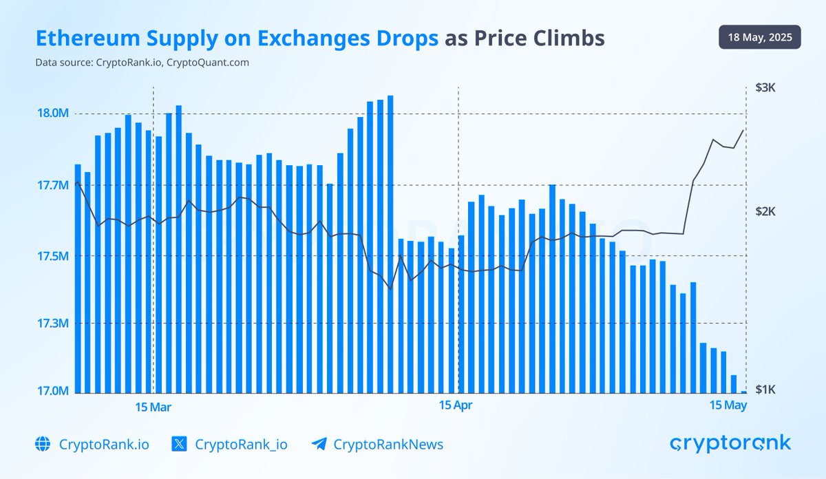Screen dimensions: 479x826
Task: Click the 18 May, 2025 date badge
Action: tap(760, 36)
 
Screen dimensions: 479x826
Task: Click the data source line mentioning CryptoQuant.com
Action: tap(142, 63)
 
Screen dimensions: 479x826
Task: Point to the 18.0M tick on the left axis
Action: tap(54, 114)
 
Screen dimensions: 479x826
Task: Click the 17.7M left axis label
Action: tap(54, 185)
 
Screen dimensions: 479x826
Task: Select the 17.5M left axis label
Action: tap(54, 257)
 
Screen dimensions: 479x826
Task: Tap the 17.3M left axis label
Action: tap(54, 323)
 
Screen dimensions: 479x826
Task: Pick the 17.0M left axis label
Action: tap(54, 392)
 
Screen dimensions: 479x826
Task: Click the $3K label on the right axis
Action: tap(765, 88)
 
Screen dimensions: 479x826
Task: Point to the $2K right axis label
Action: tap(765, 211)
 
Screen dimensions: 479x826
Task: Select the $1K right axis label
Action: tap(765, 390)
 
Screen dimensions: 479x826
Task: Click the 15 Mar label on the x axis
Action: tap(153, 407)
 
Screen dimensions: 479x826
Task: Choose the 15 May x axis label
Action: tap(728, 405)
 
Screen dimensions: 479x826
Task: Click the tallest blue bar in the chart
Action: tap(390, 244)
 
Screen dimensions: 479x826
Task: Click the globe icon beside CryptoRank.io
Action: tap(43, 444)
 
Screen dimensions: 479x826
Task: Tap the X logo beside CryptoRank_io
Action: tap(179, 444)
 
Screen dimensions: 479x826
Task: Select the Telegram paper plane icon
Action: tap(318, 444)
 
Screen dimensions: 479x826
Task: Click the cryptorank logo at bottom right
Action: tap(730, 443)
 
